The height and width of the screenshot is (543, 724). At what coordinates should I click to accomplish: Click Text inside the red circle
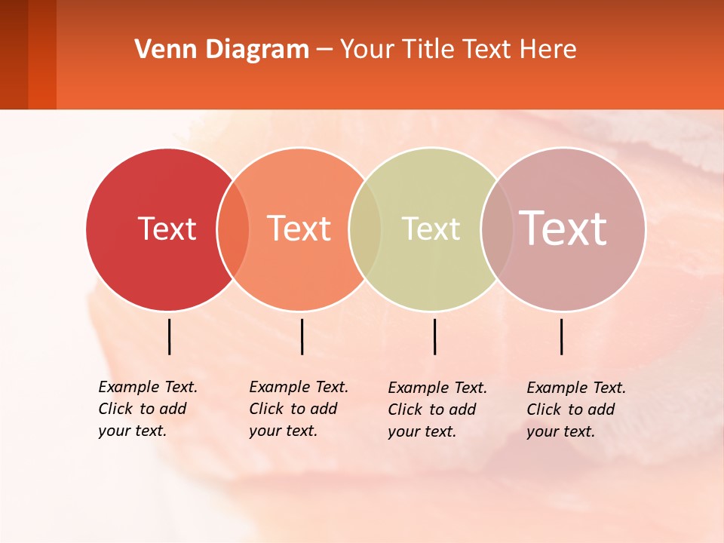tap(167, 229)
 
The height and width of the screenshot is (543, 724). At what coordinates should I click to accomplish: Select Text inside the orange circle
tap(299, 229)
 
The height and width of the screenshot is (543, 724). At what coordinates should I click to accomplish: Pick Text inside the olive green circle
tap(431, 229)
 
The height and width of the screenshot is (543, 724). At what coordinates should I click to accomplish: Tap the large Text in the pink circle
tap(563, 228)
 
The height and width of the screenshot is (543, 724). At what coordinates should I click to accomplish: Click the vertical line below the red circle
tap(170, 336)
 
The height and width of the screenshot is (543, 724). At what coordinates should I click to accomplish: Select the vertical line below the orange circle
tap(302, 336)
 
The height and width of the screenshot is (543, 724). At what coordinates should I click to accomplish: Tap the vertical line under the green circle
tap(434, 336)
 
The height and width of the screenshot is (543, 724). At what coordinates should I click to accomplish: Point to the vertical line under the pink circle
tap(562, 336)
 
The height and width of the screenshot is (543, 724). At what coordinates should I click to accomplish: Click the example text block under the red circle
tap(147, 409)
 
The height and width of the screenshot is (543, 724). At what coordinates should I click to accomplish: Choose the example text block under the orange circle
tap(298, 409)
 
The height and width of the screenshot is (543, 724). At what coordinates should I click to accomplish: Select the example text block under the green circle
tap(437, 410)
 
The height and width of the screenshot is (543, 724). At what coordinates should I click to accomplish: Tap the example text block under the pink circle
tap(575, 410)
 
